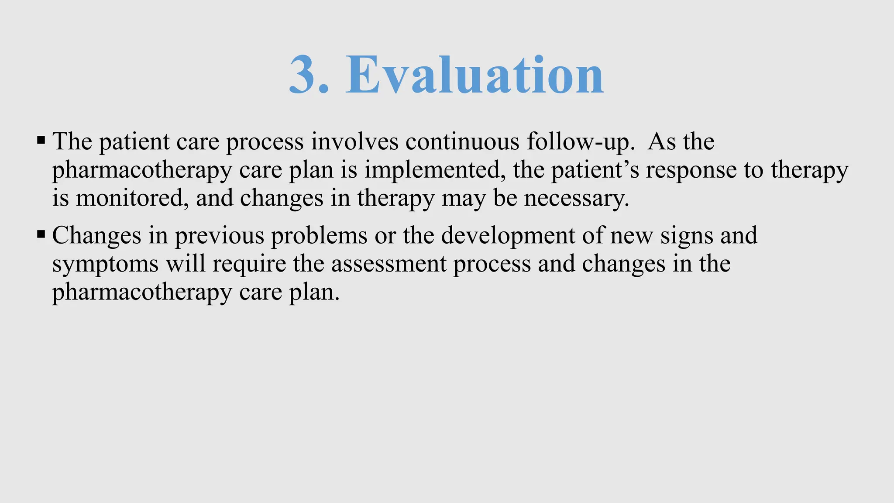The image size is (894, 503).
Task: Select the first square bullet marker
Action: click(x=41, y=141)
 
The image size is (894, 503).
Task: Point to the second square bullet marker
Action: click(x=41, y=234)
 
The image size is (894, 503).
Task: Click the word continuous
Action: click(x=462, y=142)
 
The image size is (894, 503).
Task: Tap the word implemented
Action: click(x=432, y=170)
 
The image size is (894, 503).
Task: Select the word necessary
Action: click(x=576, y=199)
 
